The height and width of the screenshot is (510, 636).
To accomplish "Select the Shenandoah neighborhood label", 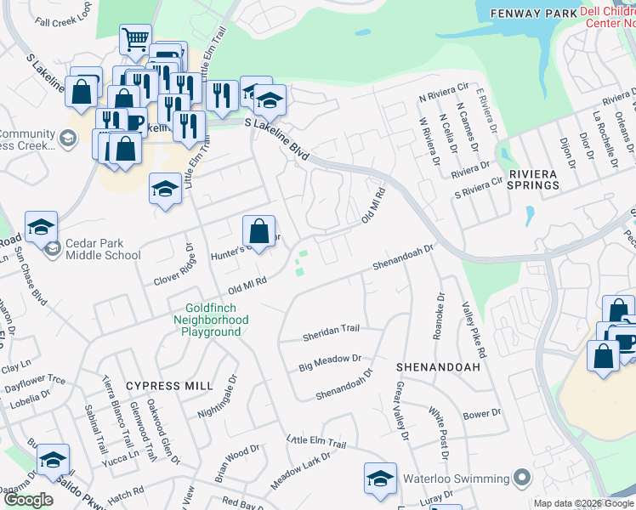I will tap(438, 366).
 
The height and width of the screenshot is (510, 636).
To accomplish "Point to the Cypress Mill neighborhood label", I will tap(169, 386).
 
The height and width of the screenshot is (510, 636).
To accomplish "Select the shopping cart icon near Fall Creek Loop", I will tap(135, 39).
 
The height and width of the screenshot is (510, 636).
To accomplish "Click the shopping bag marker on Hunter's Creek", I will tap(258, 231).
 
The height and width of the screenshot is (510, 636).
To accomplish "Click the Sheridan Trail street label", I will tap(332, 333).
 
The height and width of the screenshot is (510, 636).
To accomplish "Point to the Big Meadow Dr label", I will tap(331, 363).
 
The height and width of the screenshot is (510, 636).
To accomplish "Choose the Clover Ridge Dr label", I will tap(173, 263).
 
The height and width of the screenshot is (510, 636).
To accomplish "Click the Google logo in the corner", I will tap(28, 500).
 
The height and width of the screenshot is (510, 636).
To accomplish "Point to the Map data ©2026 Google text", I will tap(583, 503).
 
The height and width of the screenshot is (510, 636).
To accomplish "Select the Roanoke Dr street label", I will tap(439, 316).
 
